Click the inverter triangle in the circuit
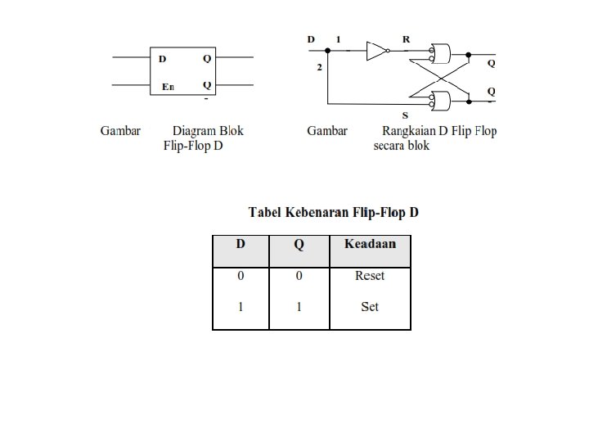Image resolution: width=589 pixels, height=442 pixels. coord(375,51)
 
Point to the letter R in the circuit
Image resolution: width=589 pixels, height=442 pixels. coord(407,39)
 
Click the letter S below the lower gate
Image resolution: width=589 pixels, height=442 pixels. coord(405,115)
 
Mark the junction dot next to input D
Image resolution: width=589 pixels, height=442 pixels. coord(328,51)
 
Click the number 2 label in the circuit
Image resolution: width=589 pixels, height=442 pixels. coord(320,67)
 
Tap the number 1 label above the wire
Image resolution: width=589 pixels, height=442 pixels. coord(339,39)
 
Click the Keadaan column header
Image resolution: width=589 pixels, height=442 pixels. coord(371,244)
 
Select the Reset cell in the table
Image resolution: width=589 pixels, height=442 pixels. coord(370,276)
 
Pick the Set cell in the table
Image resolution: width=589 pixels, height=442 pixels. coord(370,308)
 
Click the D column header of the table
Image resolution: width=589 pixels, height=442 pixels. coord(241,244)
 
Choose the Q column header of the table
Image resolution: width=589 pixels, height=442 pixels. coord(299,244)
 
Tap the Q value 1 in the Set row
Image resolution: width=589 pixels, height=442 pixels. coord(299,308)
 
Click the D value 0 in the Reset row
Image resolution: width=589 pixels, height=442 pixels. coord(241,276)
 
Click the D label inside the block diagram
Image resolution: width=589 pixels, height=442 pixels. coord(162,59)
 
